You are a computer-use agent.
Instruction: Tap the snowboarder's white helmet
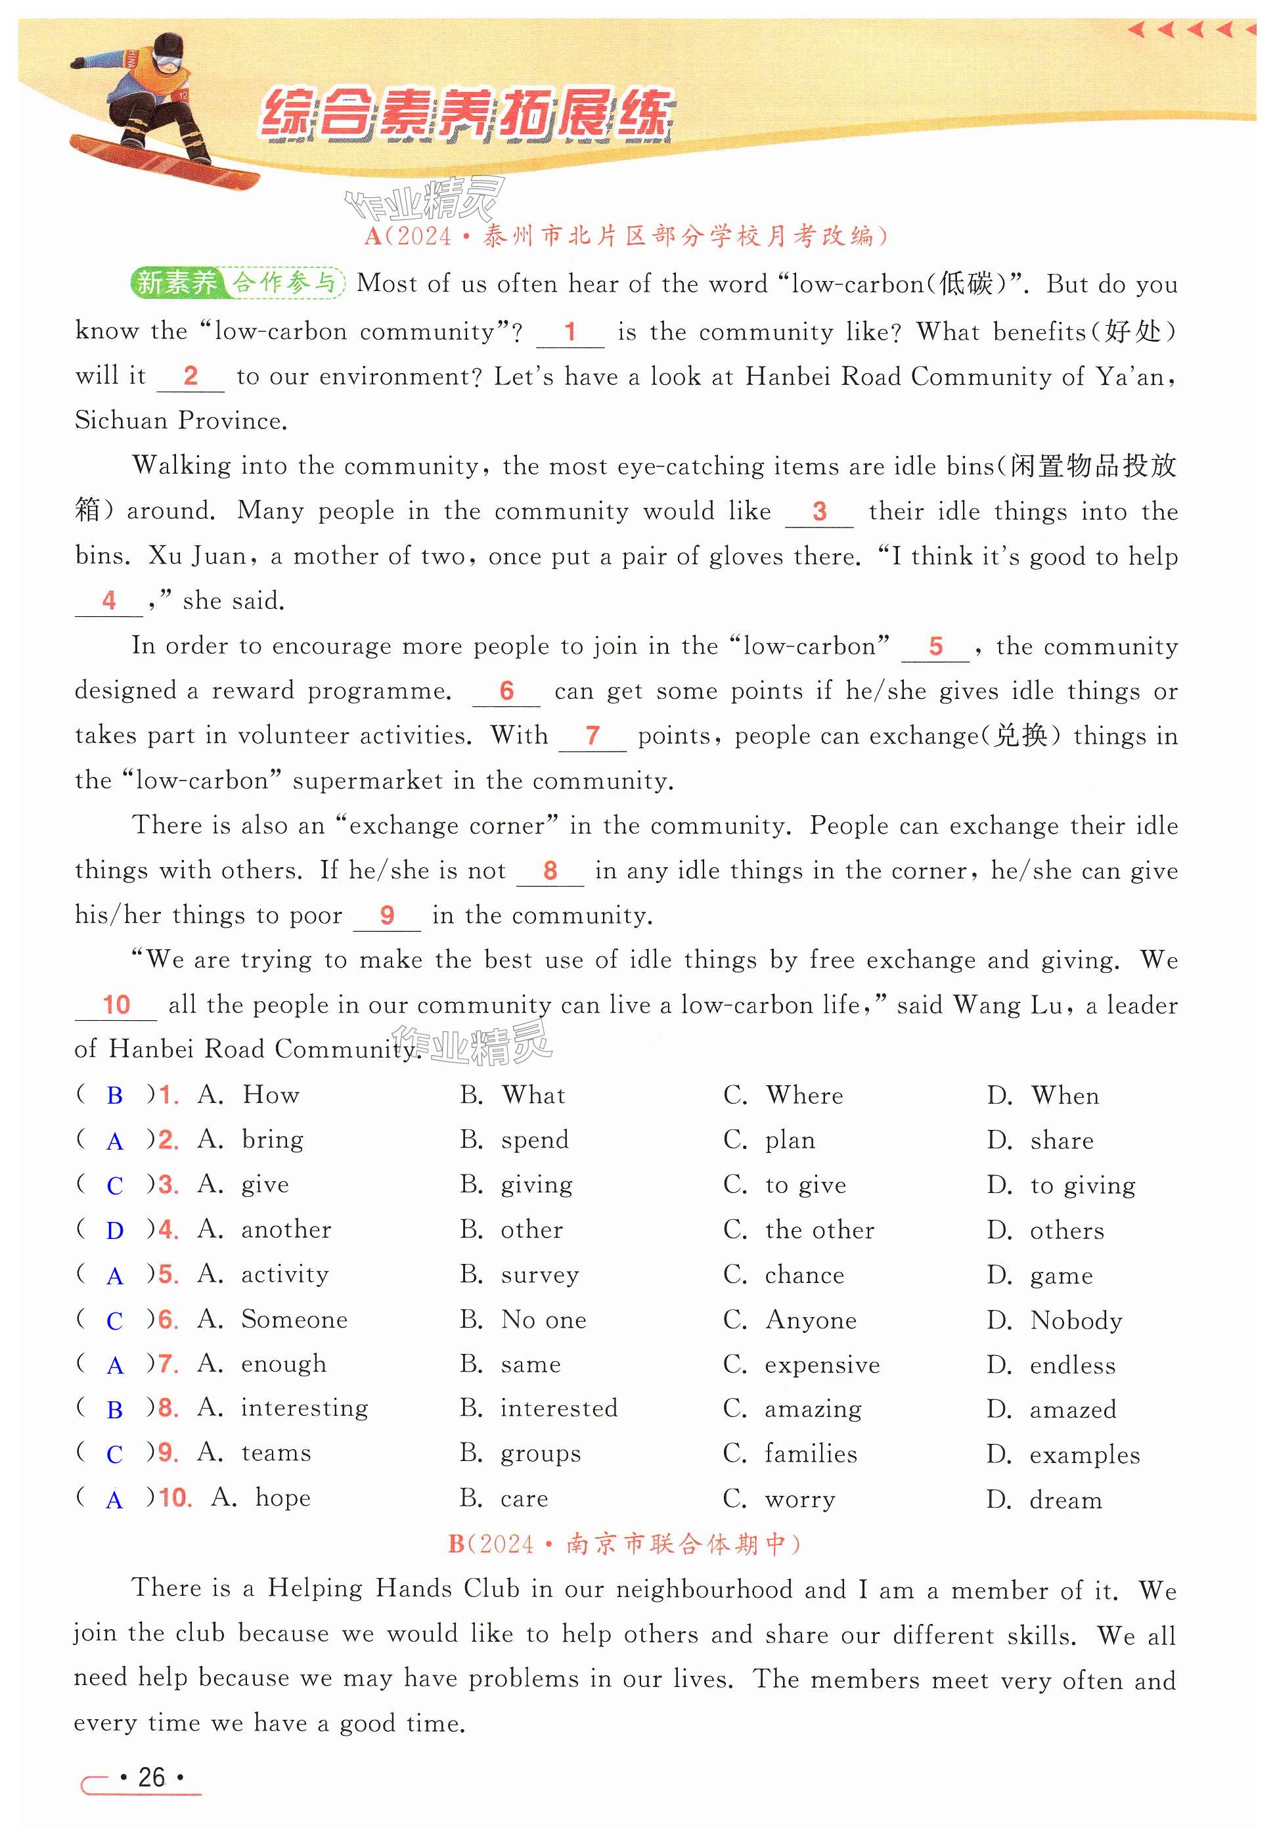point(169,48)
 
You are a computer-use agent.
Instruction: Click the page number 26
point(152,1777)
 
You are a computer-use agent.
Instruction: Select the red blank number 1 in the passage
point(570,332)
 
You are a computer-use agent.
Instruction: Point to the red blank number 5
point(935,646)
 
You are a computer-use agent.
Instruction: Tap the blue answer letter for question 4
point(115,1231)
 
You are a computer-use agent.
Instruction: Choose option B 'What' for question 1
point(533,1095)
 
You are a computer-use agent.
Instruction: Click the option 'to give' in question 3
point(805,1185)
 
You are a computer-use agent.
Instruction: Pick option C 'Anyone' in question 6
point(810,1320)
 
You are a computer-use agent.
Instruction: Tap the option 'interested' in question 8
point(558,1408)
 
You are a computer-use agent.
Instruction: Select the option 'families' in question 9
point(810,1454)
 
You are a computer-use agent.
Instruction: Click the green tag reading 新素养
point(177,282)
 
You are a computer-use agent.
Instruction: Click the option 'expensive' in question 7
point(821,1365)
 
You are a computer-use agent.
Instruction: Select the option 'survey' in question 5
point(539,1276)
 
